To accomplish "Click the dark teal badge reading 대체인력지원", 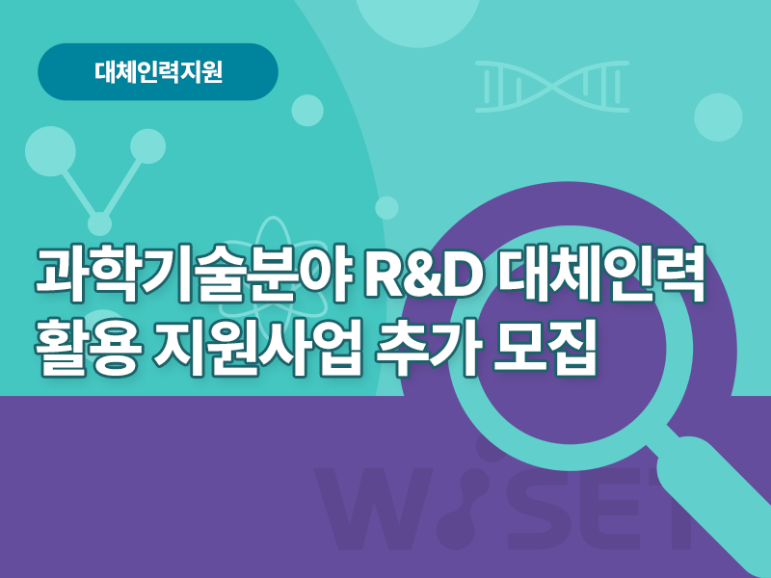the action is (x=158, y=71).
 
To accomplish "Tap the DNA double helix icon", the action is (x=552, y=87).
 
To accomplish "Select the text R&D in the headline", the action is (x=423, y=276).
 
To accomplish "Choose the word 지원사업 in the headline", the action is (x=259, y=348).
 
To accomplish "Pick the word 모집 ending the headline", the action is (x=545, y=348).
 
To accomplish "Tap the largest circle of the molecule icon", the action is (x=50, y=151).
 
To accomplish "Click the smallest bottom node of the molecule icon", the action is (x=100, y=223).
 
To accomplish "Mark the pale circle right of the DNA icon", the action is (x=718, y=117).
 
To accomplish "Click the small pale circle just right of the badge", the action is (x=307, y=111).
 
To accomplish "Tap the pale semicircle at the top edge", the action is (x=417, y=22).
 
